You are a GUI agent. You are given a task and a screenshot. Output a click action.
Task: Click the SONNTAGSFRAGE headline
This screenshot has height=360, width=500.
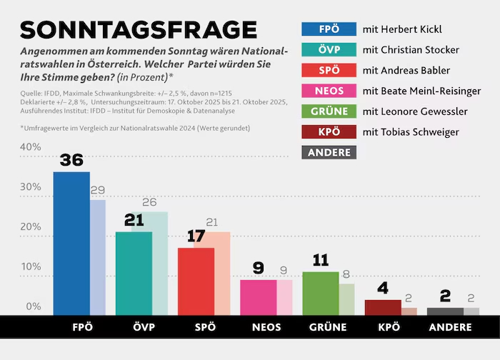tap(138, 29)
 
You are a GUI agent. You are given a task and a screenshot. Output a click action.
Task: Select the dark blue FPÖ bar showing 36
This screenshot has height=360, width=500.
tap(71, 243)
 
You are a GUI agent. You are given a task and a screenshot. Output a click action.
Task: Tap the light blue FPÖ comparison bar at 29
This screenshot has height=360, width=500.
tap(98, 257)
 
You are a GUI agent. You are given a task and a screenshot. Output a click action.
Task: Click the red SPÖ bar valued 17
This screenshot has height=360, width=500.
tap(196, 281)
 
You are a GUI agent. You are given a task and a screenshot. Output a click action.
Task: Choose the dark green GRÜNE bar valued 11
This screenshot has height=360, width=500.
tap(320, 293)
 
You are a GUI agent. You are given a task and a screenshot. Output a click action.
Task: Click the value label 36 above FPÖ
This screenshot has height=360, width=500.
tap(71, 161)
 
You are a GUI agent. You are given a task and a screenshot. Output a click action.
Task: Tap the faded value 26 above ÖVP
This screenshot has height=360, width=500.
tap(149, 202)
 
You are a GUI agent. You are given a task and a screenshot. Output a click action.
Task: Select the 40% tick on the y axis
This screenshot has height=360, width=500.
tap(31, 147)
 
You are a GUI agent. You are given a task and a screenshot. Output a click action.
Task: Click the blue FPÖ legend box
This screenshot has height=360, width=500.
tap(329, 29)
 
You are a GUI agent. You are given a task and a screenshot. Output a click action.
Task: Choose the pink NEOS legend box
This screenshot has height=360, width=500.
tap(329, 91)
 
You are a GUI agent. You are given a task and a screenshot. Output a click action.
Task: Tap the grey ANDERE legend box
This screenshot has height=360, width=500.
tap(329, 152)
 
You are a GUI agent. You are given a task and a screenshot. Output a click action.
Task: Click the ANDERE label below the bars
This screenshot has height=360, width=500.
tap(450, 328)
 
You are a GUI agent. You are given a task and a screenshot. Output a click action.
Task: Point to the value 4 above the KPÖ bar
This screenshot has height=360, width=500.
tap(383, 289)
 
